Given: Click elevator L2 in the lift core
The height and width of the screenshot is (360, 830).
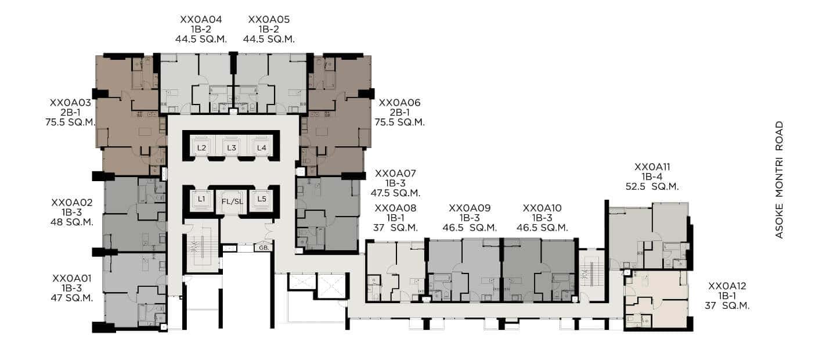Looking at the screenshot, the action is (x=201, y=147).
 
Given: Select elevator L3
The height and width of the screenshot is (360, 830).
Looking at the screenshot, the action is (x=231, y=147).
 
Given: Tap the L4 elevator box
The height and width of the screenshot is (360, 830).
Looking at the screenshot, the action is (x=262, y=147).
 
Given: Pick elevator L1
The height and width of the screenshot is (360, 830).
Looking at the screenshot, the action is (x=201, y=200).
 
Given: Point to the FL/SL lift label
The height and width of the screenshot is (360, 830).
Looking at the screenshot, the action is (x=232, y=201).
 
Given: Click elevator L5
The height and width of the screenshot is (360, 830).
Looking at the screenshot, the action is (x=262, y=200).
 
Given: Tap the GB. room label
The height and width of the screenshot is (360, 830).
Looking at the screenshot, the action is (x=264, y=248).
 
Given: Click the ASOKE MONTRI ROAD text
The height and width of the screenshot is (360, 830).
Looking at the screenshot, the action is (x=780, y=180).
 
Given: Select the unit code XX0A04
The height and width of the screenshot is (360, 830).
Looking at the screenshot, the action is (x=201, y=20).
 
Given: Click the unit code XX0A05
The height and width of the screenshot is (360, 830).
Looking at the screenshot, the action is (x=269, y=20).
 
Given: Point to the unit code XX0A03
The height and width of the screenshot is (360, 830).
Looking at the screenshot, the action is (x=70, y=103).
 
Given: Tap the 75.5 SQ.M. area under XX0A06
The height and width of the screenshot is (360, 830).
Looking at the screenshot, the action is (x=399, y=123).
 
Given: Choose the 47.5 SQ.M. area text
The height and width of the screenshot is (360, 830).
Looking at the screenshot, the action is (x=395, y=193).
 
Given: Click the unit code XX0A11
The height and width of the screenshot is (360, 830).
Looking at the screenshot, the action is (x=652, y=167).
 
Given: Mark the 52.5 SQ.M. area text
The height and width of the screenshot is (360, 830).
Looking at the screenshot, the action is (x=652, y=187).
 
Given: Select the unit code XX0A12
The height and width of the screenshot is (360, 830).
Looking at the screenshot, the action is (x=727, y=286).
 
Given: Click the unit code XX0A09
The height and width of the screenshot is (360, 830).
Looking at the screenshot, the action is (x=470, y=208).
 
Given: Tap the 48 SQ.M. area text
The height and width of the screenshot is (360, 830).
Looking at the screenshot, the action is (x=72, y=222).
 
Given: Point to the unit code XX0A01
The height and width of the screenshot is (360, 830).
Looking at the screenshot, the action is (x=71, y=279).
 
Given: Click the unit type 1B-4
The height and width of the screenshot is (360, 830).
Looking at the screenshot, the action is (x=652, y=177).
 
